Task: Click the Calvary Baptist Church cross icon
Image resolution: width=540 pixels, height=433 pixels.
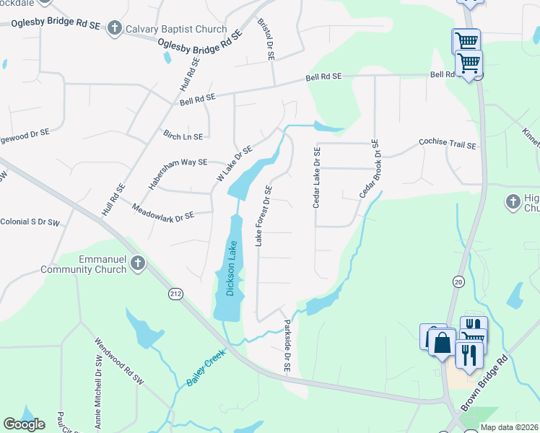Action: click(x=114, y=29)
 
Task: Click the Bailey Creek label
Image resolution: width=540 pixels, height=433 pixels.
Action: click(x=206, y=367)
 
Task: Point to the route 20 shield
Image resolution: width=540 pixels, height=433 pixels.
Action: click(x=458, y=281)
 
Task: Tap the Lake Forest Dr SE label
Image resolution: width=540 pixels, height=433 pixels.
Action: click(x=265, y=215)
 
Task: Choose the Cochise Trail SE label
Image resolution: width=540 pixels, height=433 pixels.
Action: click(x=448, y=145)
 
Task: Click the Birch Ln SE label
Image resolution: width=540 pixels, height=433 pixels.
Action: click(x=183, y=136)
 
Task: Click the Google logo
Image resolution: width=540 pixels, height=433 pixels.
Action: click(x=24, y=424)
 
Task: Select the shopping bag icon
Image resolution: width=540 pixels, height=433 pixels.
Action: click(x=442, y=344)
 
